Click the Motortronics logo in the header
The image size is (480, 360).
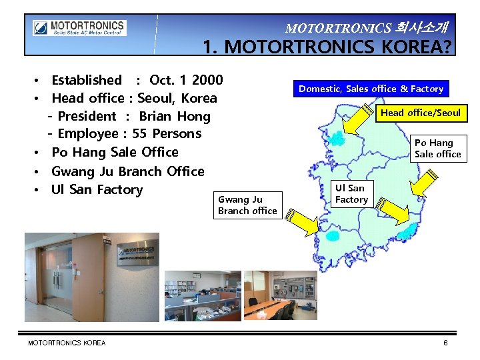[79, 28]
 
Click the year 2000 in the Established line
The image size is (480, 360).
[207, 80]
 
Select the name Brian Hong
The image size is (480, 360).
[175, 116]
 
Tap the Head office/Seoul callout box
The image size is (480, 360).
[420, 113]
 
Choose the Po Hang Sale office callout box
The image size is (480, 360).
[437, 148]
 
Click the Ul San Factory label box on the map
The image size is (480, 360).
[351, 193]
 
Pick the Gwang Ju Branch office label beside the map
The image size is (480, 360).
[247, 205]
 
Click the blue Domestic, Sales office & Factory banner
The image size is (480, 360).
[371, 89]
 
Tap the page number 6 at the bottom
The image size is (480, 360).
[445, 343]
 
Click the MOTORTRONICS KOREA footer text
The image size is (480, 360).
[67, 343]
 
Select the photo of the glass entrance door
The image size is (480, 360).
[92, 275]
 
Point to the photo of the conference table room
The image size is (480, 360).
[279, 293]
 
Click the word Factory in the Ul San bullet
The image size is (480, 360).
[120, 189]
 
